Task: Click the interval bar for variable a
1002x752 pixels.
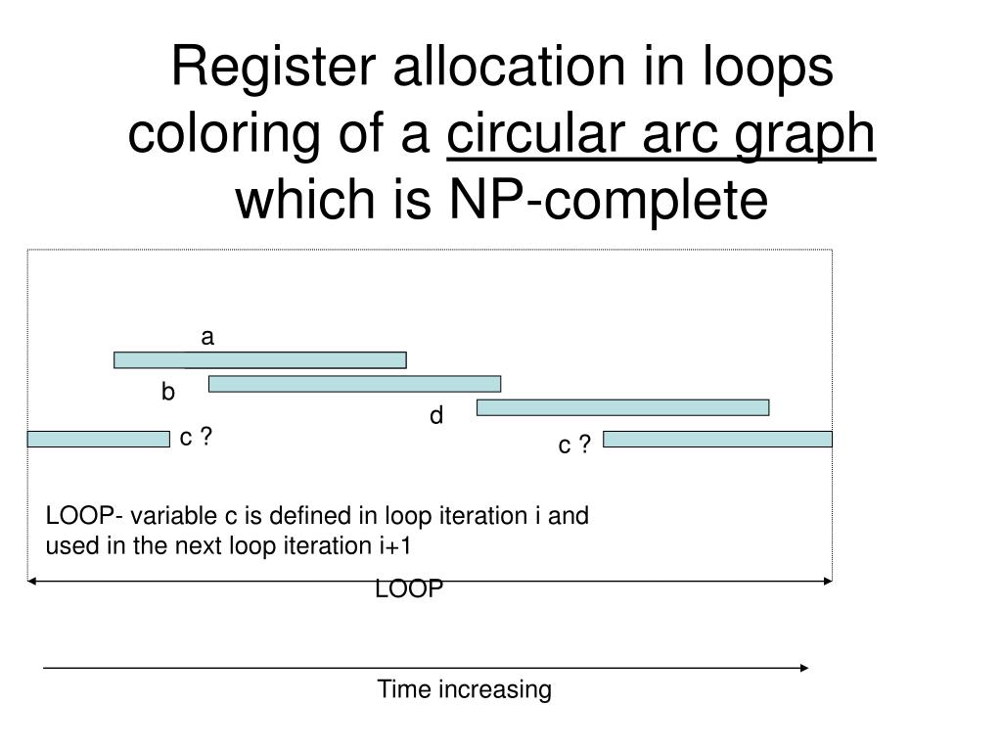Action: coord(259,359)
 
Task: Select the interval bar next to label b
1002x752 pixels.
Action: coord(354,384)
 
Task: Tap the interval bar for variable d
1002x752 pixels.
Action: coord(622,407)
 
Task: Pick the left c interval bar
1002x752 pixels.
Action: coord(98,439)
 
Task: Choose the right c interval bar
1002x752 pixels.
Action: coord(717,439)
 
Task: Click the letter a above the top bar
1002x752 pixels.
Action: coord(206,338)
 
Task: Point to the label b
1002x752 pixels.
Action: coord(168,393)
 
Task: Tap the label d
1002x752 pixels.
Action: coord(436,416)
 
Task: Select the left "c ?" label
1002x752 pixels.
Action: coord(196,438)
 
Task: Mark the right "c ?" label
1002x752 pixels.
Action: coord(574,446)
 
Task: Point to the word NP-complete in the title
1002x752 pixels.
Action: coord(608,201)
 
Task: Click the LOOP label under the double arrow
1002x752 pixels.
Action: coord(409,589)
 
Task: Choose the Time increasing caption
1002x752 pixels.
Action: coord(465,690)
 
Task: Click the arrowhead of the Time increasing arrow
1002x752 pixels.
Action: coord(804,668)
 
